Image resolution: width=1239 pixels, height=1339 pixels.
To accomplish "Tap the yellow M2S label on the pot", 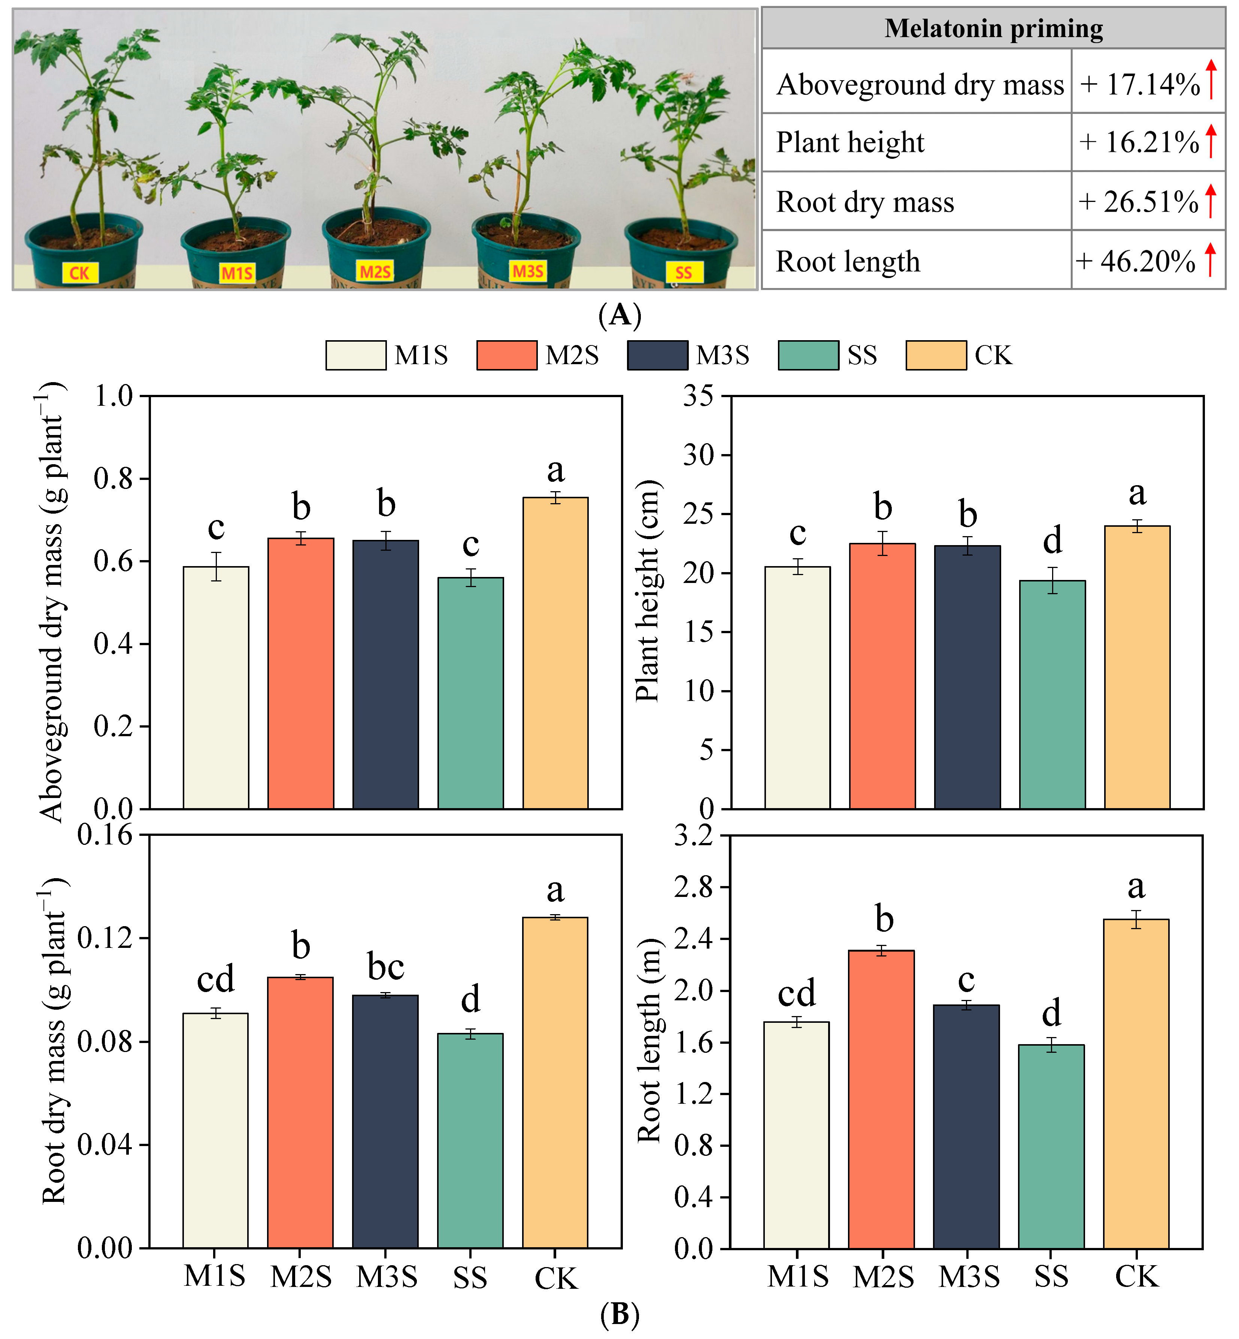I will pyautogui.click(x=375, y=271).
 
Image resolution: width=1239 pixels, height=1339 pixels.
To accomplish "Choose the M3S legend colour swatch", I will pyautogui.click(x=657, y=356).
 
